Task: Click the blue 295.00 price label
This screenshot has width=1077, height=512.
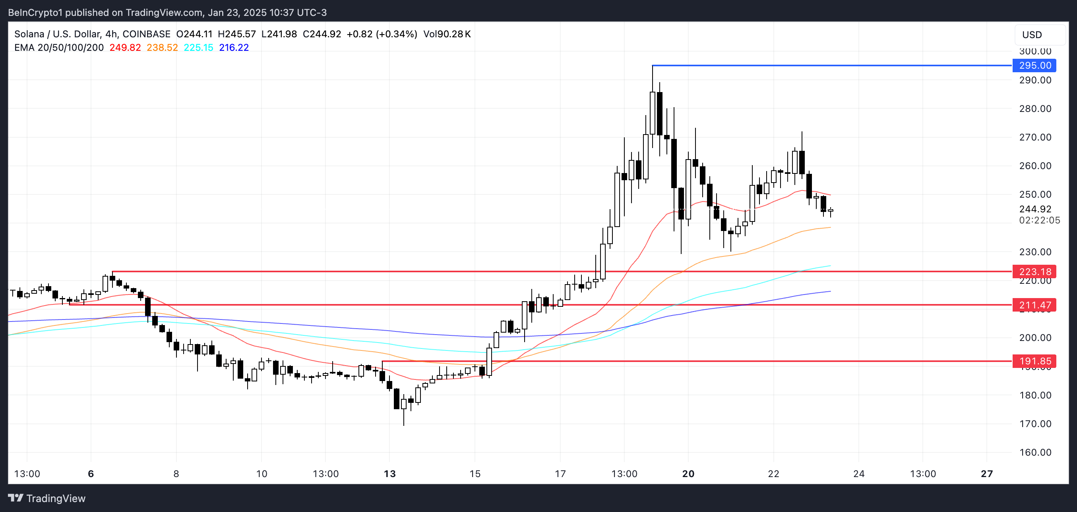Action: click(x=1034, y=65)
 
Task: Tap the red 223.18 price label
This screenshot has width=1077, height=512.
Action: click(x=1034, y=272)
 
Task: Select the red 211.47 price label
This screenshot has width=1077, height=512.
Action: click(x=1034, y=305)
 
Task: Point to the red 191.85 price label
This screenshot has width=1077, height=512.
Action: click(x=1034, y=361)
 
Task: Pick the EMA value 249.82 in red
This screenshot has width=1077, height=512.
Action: click(x=125, y=48)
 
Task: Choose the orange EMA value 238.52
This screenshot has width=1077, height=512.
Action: click(x=162, y=48)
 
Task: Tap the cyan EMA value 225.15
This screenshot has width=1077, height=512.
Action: click(x=199, y=48)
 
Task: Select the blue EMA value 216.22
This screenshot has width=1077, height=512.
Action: click(x=234, y=48)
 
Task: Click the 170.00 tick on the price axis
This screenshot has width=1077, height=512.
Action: click(x=1035, y=424)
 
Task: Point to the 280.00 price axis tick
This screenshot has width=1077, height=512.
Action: click(x=1035, y=109)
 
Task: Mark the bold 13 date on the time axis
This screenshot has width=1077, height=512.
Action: click(x=389, y=474)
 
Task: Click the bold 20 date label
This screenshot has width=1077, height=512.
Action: click(x=688, y=474)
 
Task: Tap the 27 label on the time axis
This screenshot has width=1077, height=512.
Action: click(x=987, y=474)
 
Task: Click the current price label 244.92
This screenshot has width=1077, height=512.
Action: click(x=1035, y=209)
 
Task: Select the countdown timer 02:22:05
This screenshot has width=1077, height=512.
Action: click(x=1039, y=220)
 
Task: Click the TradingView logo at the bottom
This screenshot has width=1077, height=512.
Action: click(x=47, y=498)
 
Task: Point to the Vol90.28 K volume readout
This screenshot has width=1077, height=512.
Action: click(x=447, y=34)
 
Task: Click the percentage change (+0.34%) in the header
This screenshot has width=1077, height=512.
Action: click(x=397, y=34)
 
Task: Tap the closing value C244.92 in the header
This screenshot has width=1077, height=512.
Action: click(x=322, y=34)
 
